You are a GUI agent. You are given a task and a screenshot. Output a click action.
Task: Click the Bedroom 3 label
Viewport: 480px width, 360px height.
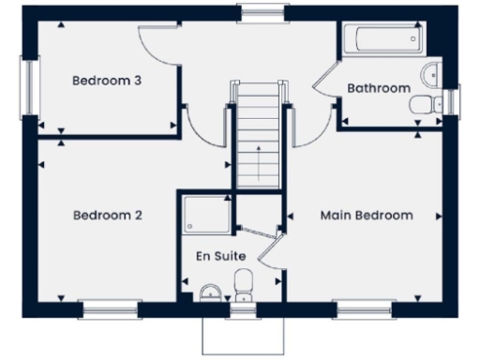pos(107,82)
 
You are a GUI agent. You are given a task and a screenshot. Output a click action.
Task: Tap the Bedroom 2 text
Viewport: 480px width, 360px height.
pos(107,216)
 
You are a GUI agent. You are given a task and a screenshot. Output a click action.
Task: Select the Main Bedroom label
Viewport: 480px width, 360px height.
pos(366,216)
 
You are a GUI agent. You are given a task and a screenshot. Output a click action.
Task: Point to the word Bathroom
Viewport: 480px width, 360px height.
pos(379,88)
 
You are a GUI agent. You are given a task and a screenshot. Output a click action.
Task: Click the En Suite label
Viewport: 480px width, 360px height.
pos(220,255)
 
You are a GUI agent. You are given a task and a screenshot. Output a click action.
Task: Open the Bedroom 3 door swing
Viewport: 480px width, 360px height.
pos(156,43)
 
